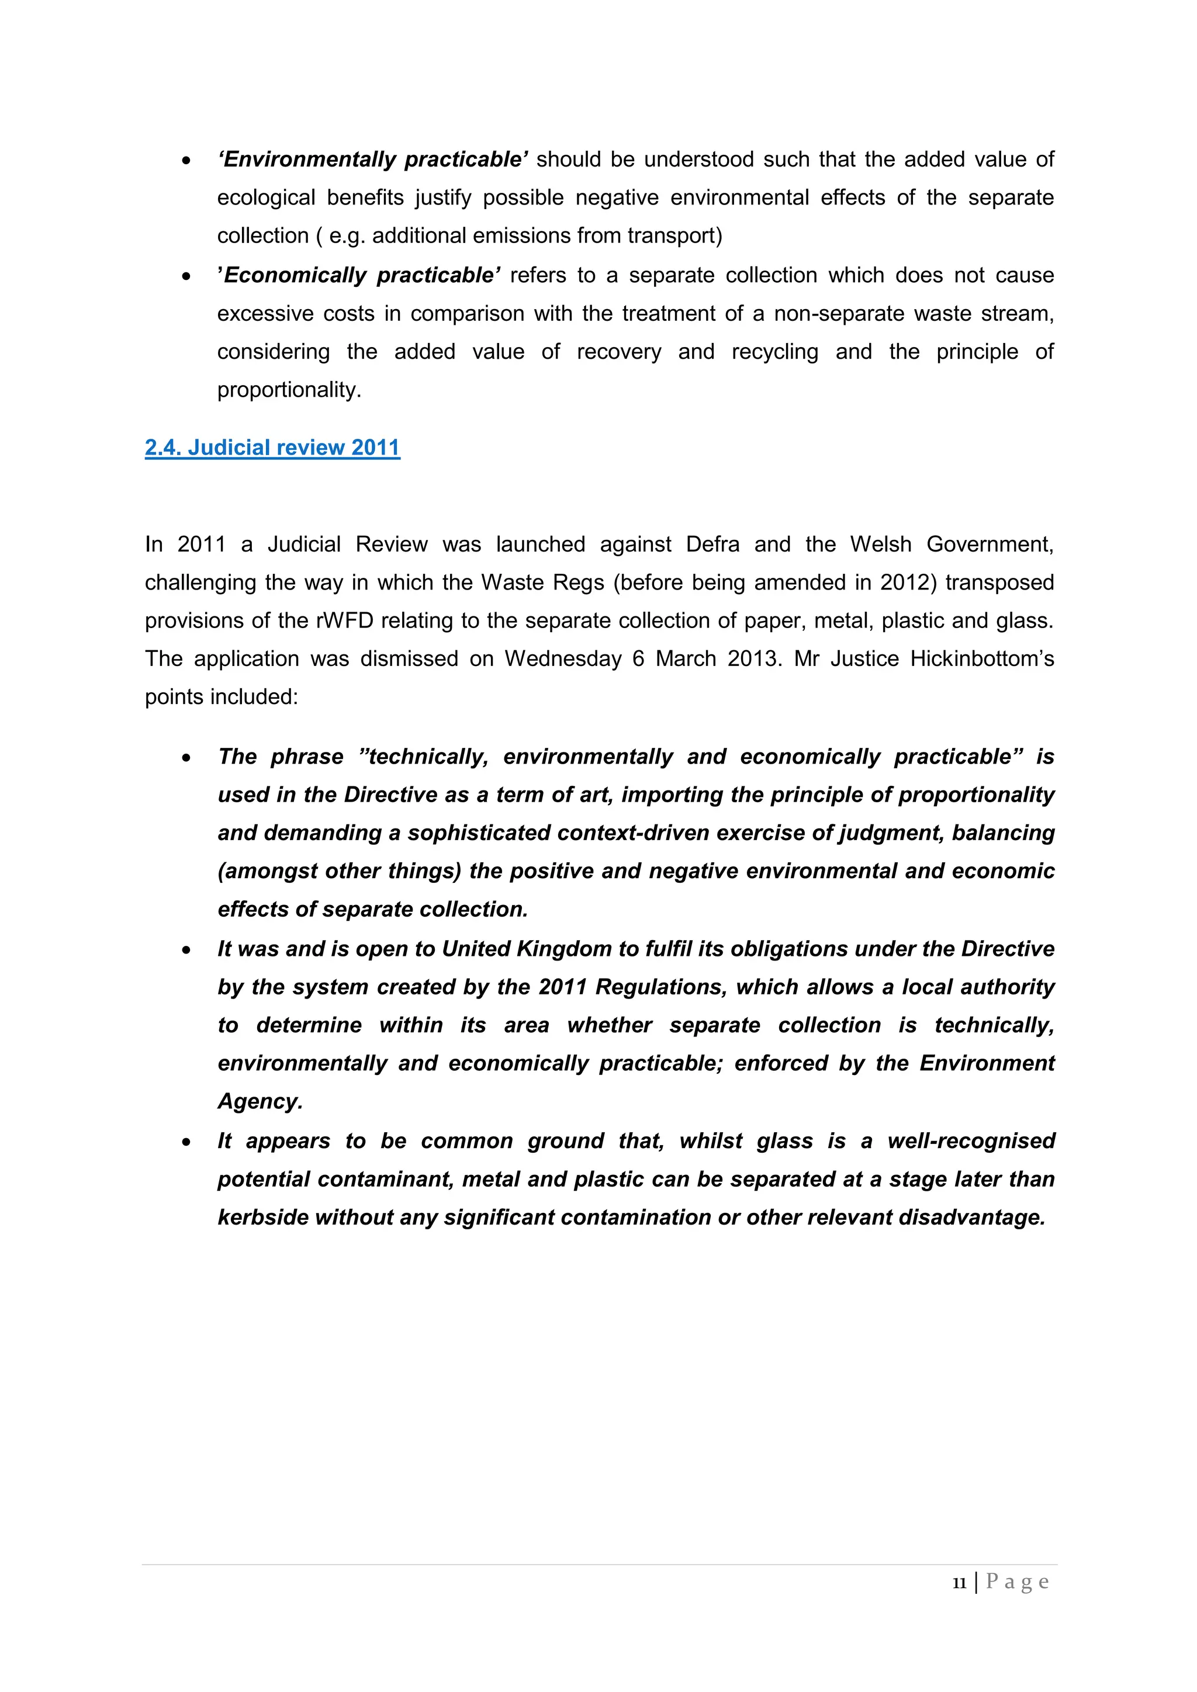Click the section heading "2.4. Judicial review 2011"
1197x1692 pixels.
272,448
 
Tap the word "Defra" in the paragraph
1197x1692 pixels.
712,545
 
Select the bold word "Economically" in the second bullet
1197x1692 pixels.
296,276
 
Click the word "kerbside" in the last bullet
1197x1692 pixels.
263,1218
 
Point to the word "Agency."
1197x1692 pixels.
260,1102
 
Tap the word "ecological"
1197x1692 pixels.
266,198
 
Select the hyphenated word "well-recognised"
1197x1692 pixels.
971,1142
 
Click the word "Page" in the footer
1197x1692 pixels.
1017,1582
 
